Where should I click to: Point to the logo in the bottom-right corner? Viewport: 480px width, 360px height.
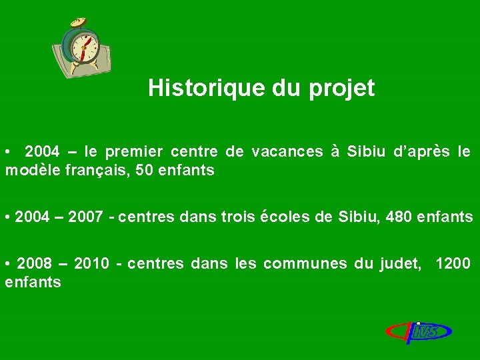[x=419, y=331]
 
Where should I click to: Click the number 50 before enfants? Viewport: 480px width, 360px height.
[x=143, y=171]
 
